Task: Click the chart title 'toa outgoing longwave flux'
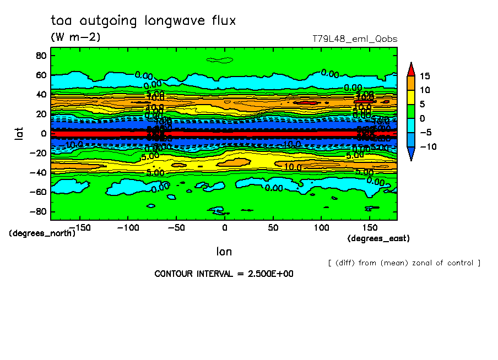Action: [143, 21]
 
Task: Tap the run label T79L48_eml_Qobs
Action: [355, 39]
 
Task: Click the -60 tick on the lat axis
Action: [38, 192]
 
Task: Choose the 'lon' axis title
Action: [224, 252]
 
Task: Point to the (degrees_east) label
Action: [378, 238]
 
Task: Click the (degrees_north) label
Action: [42, 233]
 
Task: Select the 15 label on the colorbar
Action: [424, 76]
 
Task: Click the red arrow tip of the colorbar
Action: [410, 68]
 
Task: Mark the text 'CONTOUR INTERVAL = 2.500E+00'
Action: [224, 274]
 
